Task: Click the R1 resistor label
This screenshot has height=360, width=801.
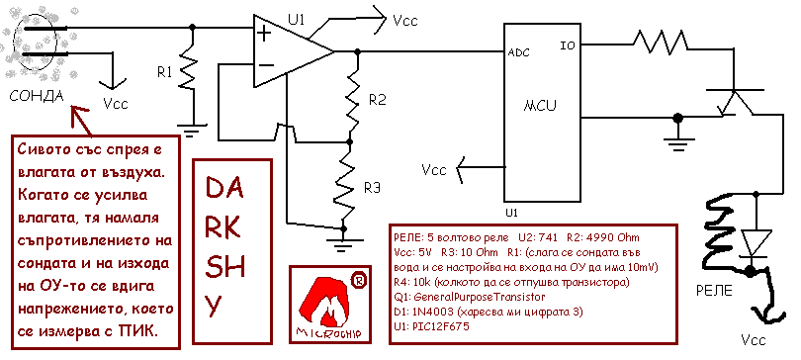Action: pos(164,73)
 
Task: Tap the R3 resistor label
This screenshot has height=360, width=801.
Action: pos(372,188)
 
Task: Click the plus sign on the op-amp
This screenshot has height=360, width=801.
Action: pos(264,35)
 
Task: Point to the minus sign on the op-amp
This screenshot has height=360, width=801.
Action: pos(266,65)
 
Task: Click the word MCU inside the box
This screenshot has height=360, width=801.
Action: pos(540,106)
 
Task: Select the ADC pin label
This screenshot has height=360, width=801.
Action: pos(518,52)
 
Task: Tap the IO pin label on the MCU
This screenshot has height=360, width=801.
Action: pos(568,45)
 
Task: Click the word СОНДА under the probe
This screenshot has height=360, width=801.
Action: pos(37,96)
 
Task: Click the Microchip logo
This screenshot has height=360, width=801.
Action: pos(328,304)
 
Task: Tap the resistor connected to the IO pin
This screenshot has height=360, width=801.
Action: pos(660,42)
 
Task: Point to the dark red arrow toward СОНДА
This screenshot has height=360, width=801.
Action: pos(81,121)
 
